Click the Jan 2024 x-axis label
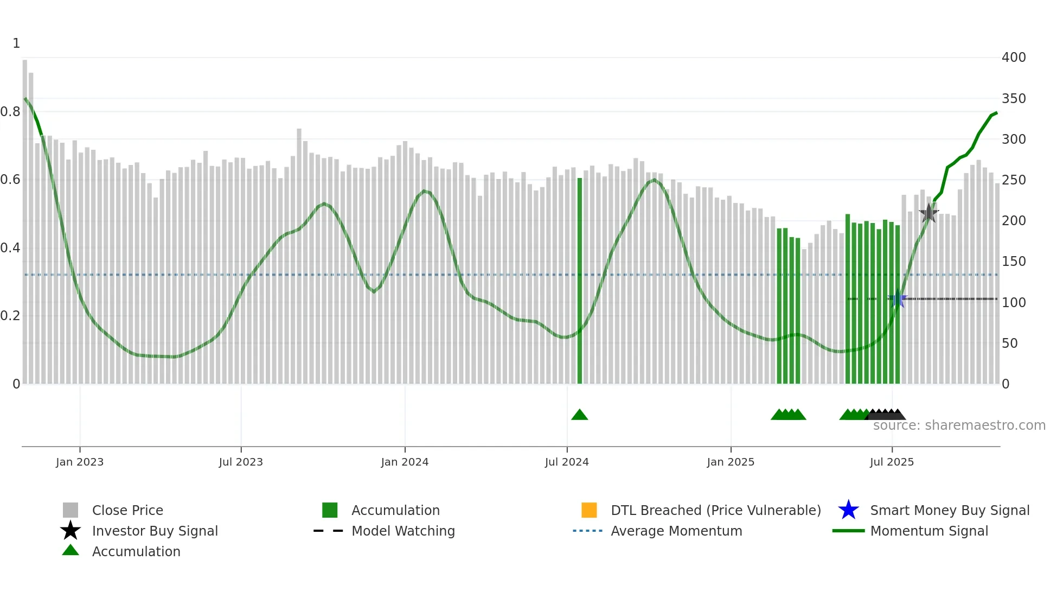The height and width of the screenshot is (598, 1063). [405, 462]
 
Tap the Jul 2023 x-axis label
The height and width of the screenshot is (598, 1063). [241, 462]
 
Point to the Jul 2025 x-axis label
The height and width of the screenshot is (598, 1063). [892, 462]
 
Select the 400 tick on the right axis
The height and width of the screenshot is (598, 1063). [1014, 58]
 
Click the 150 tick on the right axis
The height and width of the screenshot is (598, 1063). [1014, 262]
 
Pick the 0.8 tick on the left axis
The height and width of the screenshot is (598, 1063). [10, 112]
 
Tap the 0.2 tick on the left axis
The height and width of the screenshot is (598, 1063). [10, 316]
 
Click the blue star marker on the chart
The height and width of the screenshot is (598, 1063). [898, 299]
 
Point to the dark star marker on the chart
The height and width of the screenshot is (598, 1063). [928, 213]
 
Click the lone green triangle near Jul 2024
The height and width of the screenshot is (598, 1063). [579, 415]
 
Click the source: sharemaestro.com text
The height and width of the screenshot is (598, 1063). [959, 425]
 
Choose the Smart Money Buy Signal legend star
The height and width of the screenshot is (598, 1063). [848, 510]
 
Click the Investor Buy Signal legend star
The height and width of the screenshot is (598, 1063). [71, 531]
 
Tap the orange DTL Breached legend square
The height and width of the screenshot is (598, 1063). [589, 510]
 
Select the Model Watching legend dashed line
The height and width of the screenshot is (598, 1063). [328, 531]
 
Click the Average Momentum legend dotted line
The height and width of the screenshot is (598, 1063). [587, 531]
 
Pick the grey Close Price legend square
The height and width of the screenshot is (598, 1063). [71, 510]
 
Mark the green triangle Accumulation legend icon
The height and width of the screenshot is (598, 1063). [71, 551]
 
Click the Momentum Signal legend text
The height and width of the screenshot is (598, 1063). [929, 531]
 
